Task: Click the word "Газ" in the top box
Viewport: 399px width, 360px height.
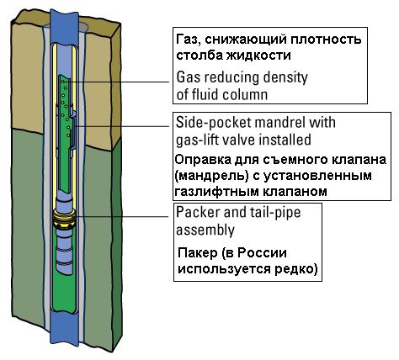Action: [x=188, y=40]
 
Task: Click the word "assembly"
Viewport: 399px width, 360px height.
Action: [x=205, y=230]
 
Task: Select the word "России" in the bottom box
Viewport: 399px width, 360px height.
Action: [x=262, y=253]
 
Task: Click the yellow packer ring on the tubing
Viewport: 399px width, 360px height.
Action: [x=64, y=218]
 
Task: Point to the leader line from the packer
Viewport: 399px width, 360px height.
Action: [x=122, y=216]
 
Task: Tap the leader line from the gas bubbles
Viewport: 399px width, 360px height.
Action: [x=115, y=82]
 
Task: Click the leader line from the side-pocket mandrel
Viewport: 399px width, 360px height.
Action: [x=122, y=126]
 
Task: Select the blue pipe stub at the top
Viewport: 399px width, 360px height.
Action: [x=64, y=26]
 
